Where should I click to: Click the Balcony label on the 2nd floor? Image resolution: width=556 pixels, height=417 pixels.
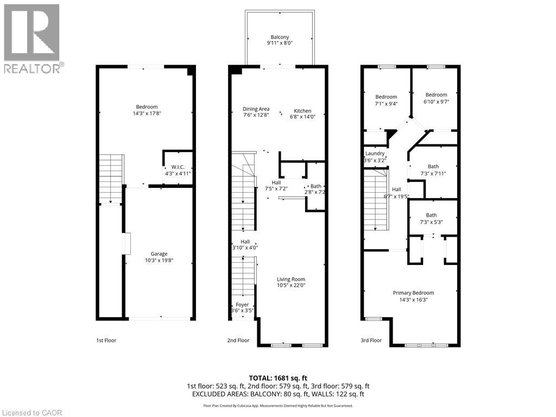pos(280,37)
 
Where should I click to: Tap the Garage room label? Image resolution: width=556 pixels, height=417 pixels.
pos(159,254)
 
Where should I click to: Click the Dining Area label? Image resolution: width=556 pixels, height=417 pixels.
pos(256,109)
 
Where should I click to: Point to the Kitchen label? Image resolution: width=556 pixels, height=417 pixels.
pos(302,111)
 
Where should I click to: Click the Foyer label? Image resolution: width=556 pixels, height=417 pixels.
pos(242,305)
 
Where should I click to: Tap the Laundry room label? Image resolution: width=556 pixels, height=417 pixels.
pos(375,154)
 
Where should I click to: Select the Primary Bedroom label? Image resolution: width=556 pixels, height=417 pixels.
pos(413,293)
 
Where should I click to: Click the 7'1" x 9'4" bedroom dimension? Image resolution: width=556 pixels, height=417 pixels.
pos(387,104)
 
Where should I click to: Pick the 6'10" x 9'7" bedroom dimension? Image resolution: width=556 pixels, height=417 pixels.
pos(436,102)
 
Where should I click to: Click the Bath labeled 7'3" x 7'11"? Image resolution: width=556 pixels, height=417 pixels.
pos(433,167)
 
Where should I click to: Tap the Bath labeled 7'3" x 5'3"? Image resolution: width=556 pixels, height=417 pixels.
pos(431,215)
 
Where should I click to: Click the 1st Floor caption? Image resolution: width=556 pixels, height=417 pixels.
pos(106,340)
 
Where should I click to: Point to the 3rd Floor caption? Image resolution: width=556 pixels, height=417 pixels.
pos(371,340)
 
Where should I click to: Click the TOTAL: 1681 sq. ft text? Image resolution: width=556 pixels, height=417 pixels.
pos(277,377)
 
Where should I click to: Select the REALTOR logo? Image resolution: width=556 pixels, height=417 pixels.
pos(32,38)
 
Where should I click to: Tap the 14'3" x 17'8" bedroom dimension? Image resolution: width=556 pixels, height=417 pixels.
pos(147,113)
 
